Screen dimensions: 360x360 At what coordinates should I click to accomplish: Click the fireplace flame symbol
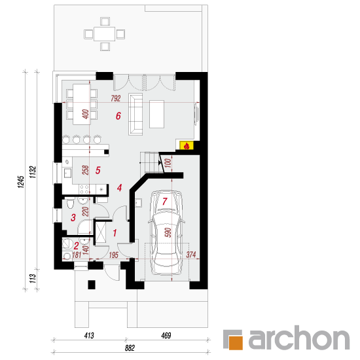tap(187, 146)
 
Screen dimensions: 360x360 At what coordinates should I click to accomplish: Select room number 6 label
tap(118, 116)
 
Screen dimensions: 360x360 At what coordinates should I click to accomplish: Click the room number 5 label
tap(98, 170)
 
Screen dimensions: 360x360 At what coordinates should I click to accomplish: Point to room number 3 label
tap(73, 218)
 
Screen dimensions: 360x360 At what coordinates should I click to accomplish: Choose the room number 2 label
tap(76, 246)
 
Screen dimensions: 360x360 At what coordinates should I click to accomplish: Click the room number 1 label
tap(115, 233)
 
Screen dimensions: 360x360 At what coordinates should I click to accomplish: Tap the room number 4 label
tap(119, 188)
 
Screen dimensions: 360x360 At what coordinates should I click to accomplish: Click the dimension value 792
tap(115, 98)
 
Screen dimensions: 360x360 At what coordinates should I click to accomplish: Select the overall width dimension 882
tap(130, 348)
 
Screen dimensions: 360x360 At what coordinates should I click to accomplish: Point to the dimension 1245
tap(21, 182)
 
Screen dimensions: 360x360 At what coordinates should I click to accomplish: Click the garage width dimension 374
tap(191, 255)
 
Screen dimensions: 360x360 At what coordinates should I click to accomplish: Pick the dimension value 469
tap(166, 336)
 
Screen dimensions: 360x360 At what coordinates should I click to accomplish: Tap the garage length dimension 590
tap(168, 232)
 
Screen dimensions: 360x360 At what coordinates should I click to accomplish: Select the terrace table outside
tap(104, 34)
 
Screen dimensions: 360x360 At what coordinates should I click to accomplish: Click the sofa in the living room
tap(135, 114)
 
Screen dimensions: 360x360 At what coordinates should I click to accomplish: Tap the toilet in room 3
tap(70, 203)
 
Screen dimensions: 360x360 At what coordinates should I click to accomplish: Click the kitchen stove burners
tap(84, 189)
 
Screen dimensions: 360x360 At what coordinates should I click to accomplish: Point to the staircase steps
tap(149, 162)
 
